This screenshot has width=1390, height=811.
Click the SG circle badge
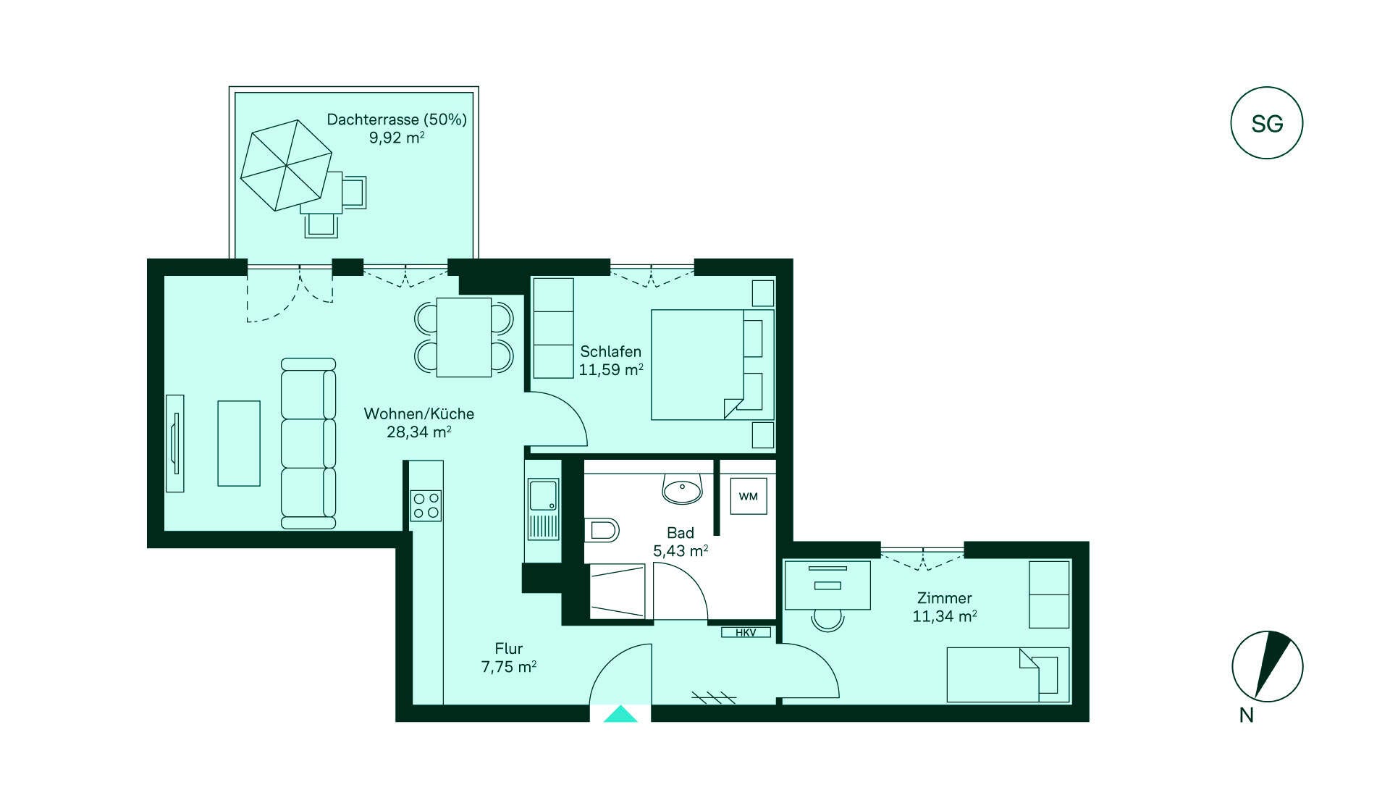tap(1266, 123)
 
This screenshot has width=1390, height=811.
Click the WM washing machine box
tap(749, 497)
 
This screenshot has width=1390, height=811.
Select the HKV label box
tap(746, 633)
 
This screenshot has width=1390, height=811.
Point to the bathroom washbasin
tap(682, 489)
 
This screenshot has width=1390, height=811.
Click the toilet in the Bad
tap(602, 530)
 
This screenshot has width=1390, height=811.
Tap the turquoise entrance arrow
tap(620, 714)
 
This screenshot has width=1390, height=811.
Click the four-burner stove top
tap(426, 505)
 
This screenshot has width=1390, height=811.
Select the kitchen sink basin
tap(543, 495)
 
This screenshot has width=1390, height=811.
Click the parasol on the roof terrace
tap(286, 165)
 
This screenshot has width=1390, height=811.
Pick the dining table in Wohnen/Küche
tap(464, 337)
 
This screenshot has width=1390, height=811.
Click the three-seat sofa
tap(308, 443)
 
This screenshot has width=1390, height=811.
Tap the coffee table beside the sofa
tap(239, 443)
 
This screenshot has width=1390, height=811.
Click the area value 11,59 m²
tap(611, 370)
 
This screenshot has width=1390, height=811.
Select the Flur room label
tap(509, 649)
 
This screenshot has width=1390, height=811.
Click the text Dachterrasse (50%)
tap(397, 119)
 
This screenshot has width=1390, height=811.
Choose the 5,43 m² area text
tap(681, 551)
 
